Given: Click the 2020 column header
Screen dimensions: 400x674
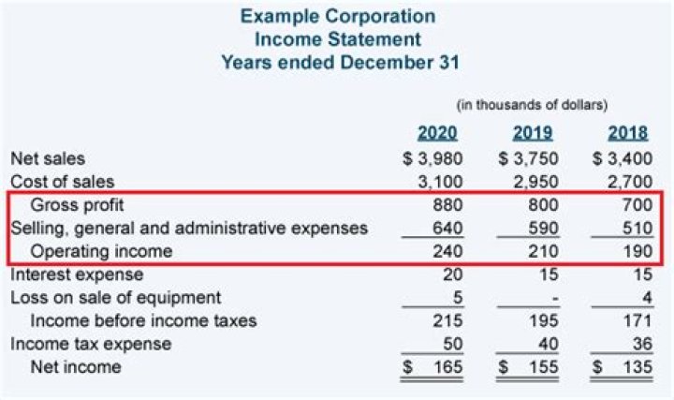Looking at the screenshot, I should coord(437,133).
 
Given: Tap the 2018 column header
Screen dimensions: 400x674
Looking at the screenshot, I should coord(627,133).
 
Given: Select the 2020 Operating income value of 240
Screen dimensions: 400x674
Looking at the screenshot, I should coord(445,251).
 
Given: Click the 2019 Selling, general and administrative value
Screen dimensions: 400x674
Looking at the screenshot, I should coord(540,229).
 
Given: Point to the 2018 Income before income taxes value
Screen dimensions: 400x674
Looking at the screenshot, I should coord(636,321).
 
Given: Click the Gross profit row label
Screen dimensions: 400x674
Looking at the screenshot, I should coord(78,205).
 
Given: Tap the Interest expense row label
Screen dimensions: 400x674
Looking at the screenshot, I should coord(77,274).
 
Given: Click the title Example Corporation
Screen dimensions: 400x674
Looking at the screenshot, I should coord(337,17).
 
